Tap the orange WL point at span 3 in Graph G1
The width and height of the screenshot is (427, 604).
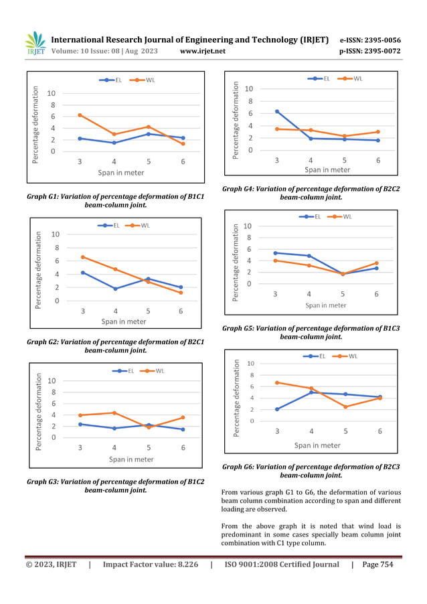point(80,115)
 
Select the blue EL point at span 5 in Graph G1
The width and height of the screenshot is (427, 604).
point(149,134)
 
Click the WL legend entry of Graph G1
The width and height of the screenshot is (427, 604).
point(145,80)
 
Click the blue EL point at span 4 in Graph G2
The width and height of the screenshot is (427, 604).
point(116,289)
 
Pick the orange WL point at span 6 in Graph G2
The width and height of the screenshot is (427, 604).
point(181,293)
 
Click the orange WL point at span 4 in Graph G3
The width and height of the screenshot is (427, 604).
point(114,412)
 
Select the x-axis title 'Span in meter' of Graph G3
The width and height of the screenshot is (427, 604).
point(131,459)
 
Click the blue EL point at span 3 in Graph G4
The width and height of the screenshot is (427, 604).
point(277,111)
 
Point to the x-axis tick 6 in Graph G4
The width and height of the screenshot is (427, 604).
point(378,161)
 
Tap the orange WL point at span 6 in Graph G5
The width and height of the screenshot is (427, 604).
point(376,263)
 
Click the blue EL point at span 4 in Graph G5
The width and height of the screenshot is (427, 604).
point(309,256)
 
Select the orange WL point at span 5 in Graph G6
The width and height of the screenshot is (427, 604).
point(346,406)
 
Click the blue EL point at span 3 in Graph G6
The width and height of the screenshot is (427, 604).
point(277,409)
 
